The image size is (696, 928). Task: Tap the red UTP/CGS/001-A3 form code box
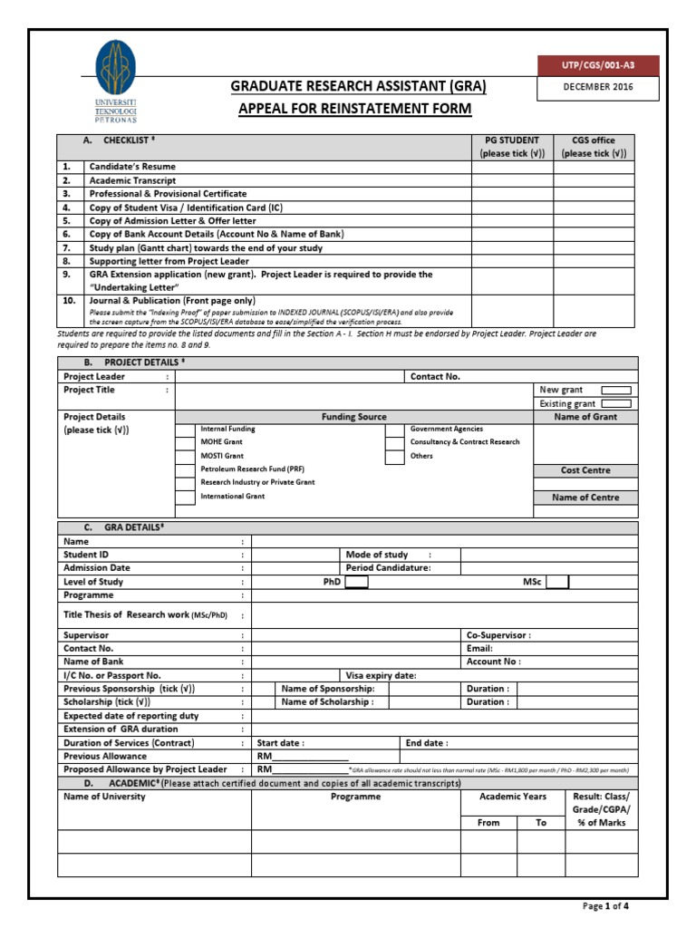tap(598, 65)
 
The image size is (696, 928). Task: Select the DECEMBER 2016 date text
tap(598, 88)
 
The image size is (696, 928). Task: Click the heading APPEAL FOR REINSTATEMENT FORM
tap(354, 109)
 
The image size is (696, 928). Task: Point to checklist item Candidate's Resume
tap(132, 167)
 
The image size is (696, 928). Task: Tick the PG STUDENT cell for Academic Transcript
tap(512, 180)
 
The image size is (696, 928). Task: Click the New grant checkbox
tap(616, 390)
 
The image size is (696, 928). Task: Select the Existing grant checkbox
tap(616, 403)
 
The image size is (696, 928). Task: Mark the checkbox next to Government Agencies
tap(394, 430)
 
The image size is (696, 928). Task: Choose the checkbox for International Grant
tap(185, 498)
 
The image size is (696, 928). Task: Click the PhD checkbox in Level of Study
tap(356, 582)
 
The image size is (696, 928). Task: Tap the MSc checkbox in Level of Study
tap(557, 582)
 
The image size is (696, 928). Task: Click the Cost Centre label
tap(585, 470)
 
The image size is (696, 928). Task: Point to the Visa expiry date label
tap(381, 675)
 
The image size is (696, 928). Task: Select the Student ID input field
tap(295, 555)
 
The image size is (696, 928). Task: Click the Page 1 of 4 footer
tap(604, 905)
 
